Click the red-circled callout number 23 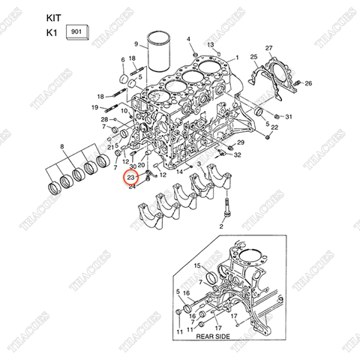tap(130, 177)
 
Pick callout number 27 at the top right tap(269, 49)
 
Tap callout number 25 tap(253, 58)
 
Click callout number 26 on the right tap(308, 82)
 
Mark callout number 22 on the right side tap(274, 128)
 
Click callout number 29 tap(241, 142)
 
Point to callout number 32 tap(237, 154)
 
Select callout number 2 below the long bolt tap(221, 225)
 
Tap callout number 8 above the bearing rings tap(61, 147)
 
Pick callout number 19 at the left tap(95, 108)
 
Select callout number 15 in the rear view tap(198, 266)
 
